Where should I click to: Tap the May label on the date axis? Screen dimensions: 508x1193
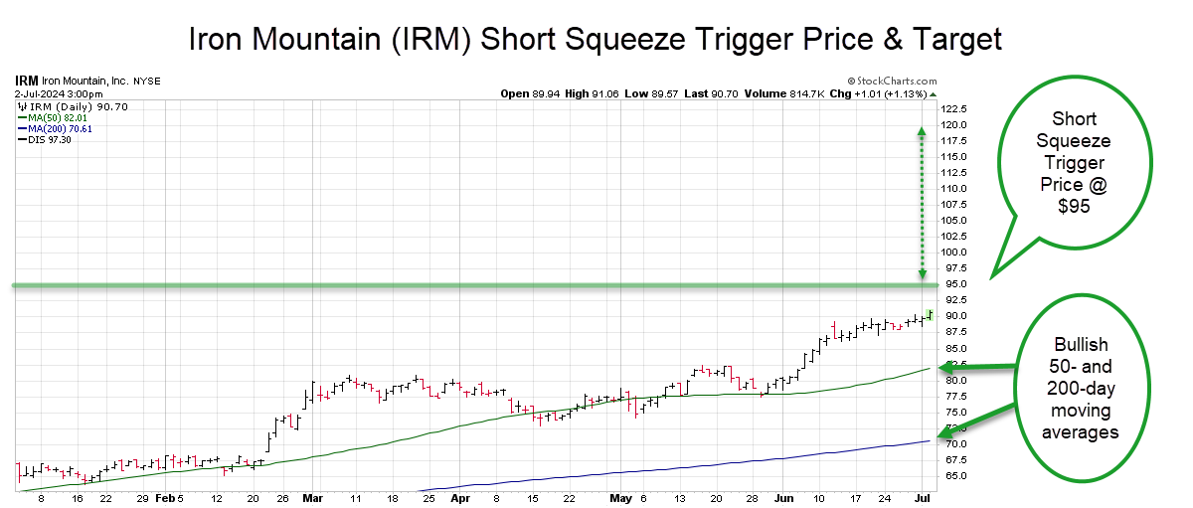(x=620, y=497)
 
